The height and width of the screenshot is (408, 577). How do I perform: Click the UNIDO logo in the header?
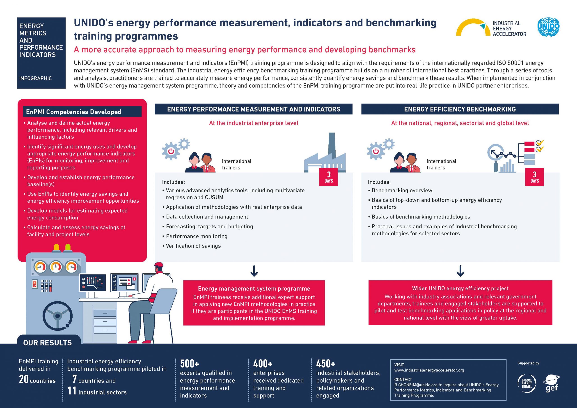coord(548,27)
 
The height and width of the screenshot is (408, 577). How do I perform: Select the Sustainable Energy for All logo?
coord(527,383)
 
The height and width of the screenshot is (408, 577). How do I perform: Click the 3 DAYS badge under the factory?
coord(328,177)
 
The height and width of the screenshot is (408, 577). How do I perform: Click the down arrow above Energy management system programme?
coord(254,271)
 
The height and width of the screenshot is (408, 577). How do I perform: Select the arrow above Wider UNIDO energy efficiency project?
coord(460,271)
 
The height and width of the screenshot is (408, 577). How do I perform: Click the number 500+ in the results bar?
coord(190,364)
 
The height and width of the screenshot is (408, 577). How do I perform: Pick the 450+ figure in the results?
coord(326,364)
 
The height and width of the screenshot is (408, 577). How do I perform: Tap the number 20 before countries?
coord(24,379)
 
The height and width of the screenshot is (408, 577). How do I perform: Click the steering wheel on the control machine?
coord(57,316)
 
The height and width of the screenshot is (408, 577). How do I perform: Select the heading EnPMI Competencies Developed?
coord(74,112)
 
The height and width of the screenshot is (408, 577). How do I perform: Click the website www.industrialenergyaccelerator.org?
coord(429,370)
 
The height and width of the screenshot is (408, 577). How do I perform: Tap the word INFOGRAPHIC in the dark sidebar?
coord(35,78)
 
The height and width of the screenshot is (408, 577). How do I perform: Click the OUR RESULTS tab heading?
coord(48,343)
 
